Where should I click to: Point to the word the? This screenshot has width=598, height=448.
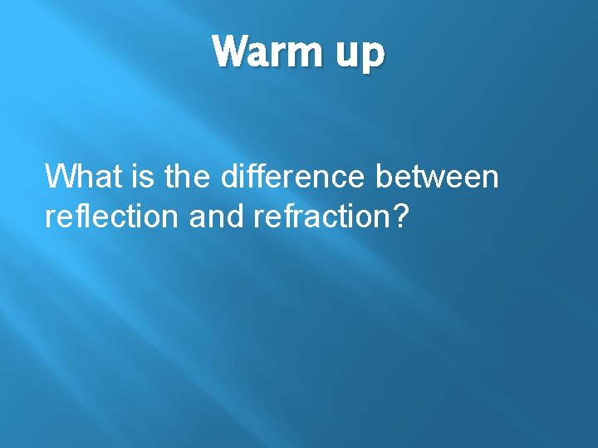183,177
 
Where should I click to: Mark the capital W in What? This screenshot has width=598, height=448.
60,177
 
